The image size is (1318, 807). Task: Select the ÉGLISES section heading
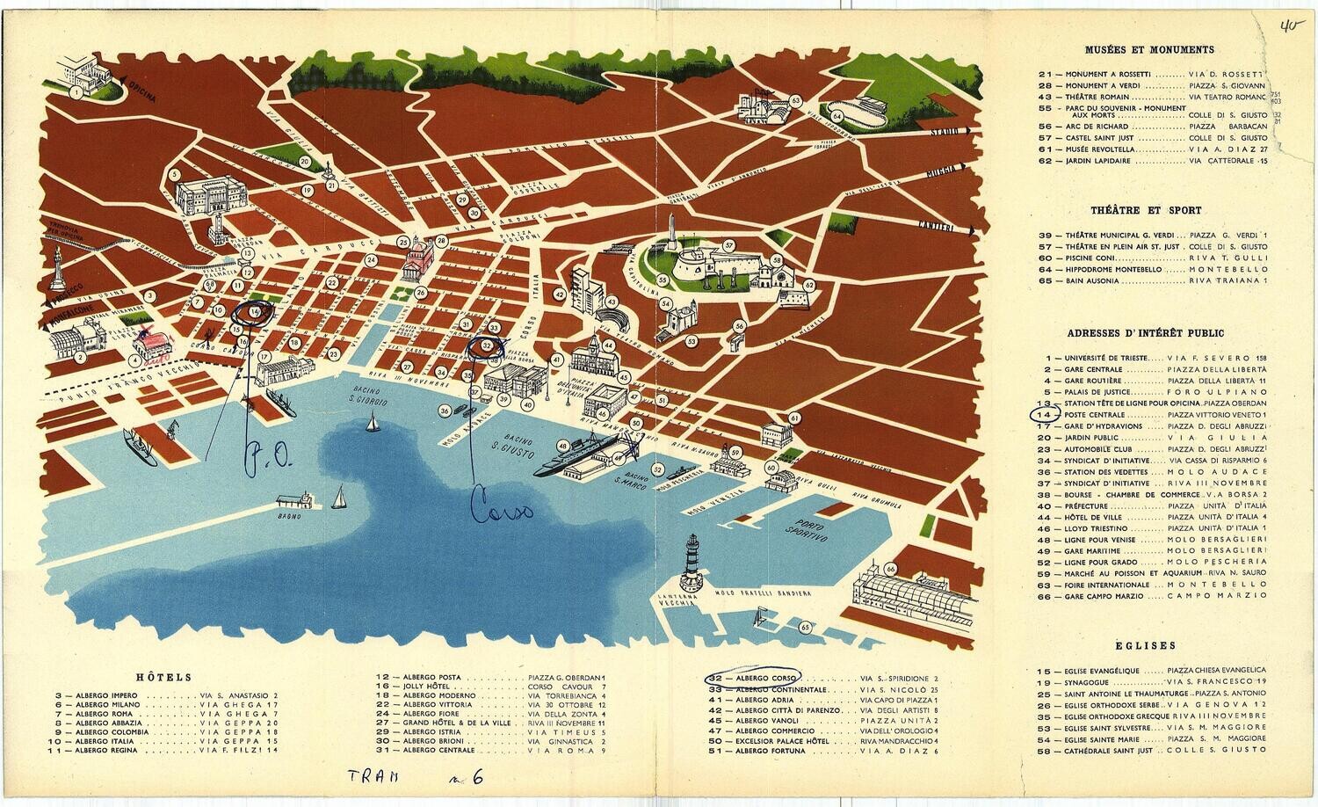click(1149, 645)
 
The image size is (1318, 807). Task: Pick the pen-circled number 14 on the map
click(255, 311)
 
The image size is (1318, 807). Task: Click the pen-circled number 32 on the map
click(486, 346)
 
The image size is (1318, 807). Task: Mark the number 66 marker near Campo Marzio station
click(891, 570)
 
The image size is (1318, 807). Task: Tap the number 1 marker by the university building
click(77, 90)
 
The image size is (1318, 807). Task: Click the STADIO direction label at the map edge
click(948, 131)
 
